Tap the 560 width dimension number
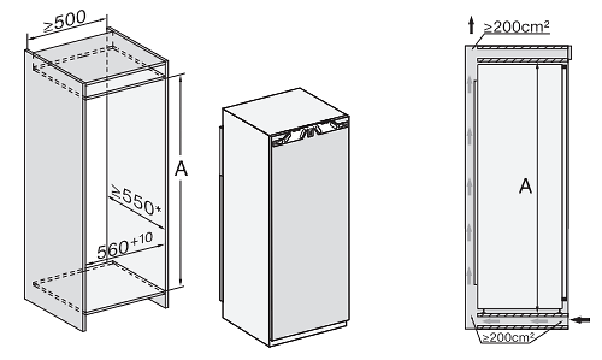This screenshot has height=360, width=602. point(113,249)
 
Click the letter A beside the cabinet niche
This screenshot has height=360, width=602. point(181,169)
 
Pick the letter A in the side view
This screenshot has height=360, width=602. point(525,187)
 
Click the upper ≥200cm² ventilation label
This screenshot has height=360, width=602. point(516,27)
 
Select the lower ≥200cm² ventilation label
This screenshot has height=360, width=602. point(508,337)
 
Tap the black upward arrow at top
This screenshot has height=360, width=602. point(471,26)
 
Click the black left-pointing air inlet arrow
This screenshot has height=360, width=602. point(581,319)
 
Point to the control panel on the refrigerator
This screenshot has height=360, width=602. point(310,131)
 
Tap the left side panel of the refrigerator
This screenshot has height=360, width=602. point(246,226)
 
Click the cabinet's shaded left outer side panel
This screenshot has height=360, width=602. point(54,190)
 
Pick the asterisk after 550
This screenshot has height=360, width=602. point(158,209)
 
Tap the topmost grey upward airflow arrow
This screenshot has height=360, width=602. point(470,83)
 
